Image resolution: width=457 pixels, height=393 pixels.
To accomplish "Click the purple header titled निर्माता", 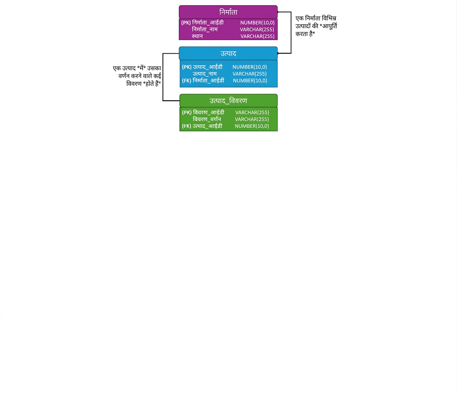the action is (228, 12).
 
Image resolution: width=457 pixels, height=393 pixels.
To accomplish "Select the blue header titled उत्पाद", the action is (228, 53).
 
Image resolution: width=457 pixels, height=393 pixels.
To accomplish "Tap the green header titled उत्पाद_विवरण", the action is (228, 101).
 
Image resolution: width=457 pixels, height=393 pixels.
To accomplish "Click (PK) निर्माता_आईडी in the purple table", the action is (202, 23).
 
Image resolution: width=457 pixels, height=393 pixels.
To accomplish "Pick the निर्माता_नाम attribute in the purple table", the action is (205, 29).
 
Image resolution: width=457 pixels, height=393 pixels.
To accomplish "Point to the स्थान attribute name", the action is (197, 36).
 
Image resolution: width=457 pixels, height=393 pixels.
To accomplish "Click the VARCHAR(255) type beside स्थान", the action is (257, 36).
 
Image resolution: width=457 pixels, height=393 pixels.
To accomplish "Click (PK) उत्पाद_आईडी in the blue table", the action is (202, 67).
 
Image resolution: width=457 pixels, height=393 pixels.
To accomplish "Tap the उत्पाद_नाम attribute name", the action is (205, 74).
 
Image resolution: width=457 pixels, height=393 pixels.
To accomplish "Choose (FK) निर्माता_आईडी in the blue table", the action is (203, 81).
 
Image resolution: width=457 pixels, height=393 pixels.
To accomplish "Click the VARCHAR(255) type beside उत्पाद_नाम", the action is (250, 74).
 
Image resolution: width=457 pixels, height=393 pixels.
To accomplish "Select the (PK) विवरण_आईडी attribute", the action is (203, 113).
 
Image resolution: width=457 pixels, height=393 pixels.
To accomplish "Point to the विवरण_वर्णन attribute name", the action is (207, 119).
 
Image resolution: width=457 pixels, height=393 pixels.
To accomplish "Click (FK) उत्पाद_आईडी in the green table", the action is (202, 126).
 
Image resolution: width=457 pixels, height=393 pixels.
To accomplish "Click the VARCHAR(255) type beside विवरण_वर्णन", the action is (252, 119).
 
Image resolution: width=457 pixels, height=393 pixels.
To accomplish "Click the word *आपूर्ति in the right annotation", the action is (328, 26).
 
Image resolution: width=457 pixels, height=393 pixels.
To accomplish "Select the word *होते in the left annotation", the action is (149, 84).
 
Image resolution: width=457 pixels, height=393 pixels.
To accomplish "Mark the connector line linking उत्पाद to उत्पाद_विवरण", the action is (163, 77).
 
